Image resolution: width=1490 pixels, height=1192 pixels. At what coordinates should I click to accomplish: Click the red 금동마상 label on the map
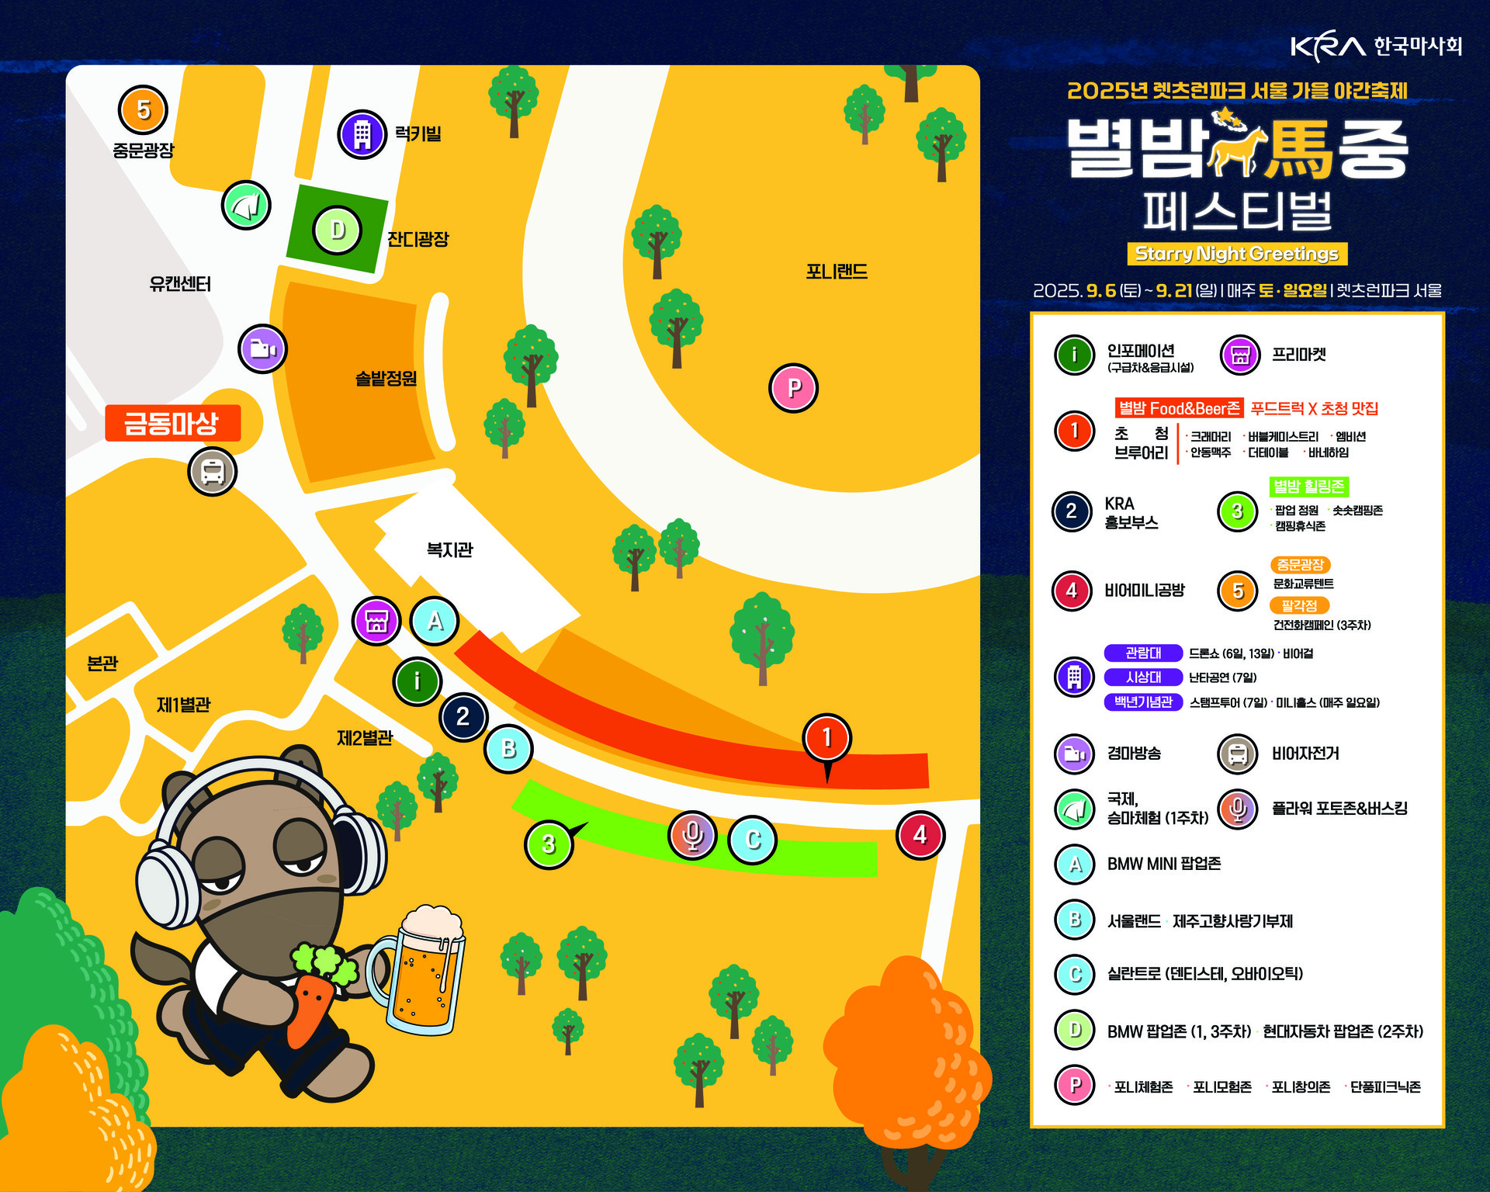172,423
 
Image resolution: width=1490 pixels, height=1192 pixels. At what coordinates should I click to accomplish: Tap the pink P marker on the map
793,388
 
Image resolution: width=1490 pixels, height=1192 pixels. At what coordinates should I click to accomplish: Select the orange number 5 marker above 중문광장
144,110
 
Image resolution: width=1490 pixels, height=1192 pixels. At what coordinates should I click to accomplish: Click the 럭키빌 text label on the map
418,134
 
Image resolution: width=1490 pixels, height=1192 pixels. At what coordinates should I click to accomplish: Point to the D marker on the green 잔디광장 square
338,230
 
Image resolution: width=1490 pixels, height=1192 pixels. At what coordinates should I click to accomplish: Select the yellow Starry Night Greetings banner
1237,254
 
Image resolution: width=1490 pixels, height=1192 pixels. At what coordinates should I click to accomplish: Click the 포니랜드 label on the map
836,272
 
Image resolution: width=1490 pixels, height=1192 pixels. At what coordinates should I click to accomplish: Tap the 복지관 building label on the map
449,550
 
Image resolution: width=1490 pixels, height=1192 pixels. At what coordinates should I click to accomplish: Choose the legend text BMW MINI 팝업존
1163,864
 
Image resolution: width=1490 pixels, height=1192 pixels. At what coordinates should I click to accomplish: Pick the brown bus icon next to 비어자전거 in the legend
1238,754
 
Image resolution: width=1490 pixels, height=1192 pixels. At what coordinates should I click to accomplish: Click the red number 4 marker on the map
920,835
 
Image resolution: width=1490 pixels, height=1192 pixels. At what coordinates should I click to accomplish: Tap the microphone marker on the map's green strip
692,835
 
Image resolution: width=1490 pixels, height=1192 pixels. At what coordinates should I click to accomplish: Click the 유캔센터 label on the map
180,284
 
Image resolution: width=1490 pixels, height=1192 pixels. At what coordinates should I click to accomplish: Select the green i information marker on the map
418,681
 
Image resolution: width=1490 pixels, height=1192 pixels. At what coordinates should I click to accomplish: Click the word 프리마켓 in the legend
1298,355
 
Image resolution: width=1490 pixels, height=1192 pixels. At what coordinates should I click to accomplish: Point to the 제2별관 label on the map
364,737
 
